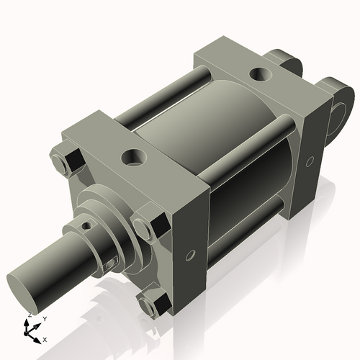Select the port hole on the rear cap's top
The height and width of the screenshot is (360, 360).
click(x=258, y=73)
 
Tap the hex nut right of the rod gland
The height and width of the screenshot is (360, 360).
click(x=149, y=225)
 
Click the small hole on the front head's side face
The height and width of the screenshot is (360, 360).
click(x=190, y=255)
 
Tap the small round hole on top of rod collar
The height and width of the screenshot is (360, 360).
click(x=88, y=225)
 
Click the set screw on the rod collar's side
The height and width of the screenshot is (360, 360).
click(x=110, y=264)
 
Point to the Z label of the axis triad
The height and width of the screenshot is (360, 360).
click(x=28, y=315)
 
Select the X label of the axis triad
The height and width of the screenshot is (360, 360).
click(x=45, y=338)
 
